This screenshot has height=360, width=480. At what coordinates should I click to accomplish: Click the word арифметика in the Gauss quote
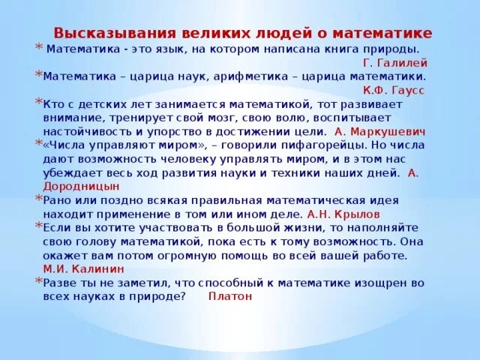point(250,76)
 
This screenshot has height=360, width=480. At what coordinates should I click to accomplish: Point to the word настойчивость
point(82,131)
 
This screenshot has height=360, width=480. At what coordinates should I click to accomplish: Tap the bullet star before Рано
point(38,198)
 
